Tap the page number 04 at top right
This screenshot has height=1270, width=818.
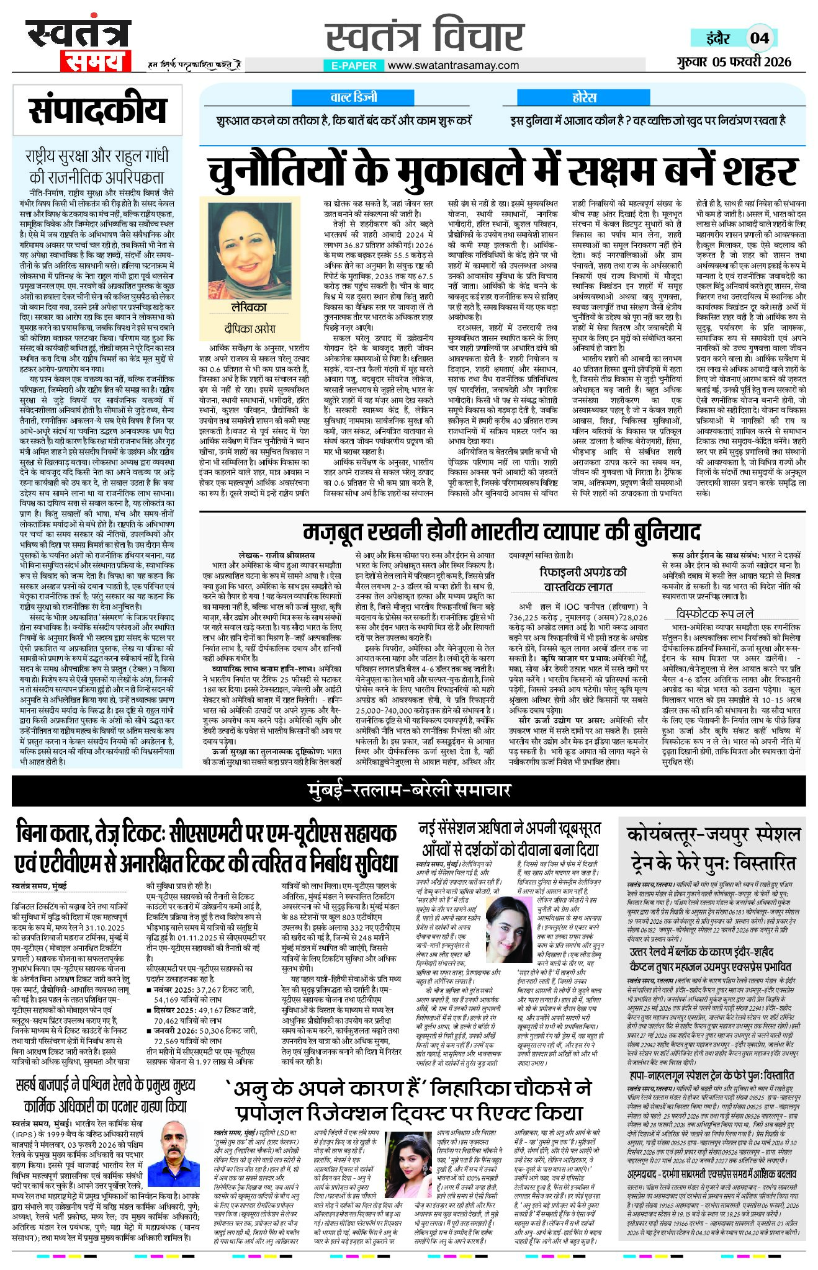pyautogui.click(x=760, y=38)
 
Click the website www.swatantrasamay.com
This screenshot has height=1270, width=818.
pyautogui.click(x=453, y=65)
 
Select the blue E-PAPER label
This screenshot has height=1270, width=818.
pyautogui.click(x=353, y=65)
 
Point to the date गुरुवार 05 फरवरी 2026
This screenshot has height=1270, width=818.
pyautogui.click(x=734, y=61)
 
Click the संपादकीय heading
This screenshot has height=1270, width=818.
pyautogui.click(x=97, y=110)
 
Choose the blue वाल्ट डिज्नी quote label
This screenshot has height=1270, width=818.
pyautogui.click(x=353, y=97)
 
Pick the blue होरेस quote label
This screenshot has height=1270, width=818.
pyautogui.click(x=584, y=97)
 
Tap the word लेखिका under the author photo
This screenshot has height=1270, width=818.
pyautogui.click(x=248, y=308)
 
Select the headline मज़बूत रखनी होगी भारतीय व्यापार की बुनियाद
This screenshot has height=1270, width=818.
pyautogui.click(x=501, y=532)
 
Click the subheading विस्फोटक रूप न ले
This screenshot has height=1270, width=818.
pyautogui.click(x=714, y=613)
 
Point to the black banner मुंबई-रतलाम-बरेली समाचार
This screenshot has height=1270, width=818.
pyautogui.click(x=409, y=790)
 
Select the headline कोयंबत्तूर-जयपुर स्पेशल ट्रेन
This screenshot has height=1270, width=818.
pyautogui.click(x=714, y=847)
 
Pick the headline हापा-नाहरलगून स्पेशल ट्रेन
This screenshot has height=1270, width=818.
pyautogui.click(x=711, y=1075)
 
